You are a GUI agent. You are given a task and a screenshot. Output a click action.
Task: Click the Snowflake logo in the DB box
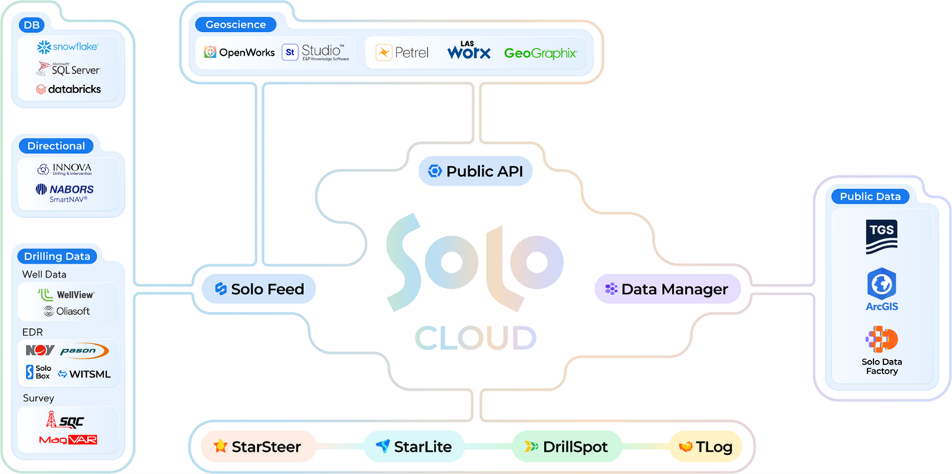(x=68, y=47)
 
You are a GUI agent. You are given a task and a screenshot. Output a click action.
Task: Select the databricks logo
(x=68, y=89)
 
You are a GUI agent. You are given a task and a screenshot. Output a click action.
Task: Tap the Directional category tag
(x=56, y=146)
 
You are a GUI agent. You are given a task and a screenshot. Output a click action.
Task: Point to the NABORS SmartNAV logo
(x=65, y=192)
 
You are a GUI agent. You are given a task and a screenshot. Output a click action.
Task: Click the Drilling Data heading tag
(x=57, y=256)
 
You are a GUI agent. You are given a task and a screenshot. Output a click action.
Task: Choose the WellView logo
(x=66, y=294)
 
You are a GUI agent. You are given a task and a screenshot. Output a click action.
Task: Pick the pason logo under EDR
(x=84, y=351)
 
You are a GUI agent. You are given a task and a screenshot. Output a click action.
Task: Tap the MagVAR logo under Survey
(x=68, y=439)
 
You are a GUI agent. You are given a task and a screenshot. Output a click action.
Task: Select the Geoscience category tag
(x=235, y=25)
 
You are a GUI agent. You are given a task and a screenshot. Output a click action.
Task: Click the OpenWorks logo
(x=239, y=53)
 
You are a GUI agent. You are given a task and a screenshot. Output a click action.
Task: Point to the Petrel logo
(x=402, y=53)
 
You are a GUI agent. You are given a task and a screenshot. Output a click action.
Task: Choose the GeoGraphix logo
(x=540, y=53)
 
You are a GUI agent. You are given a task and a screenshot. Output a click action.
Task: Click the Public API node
(x=475, y=171)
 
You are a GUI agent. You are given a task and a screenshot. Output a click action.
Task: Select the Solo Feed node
(x=259, y=289)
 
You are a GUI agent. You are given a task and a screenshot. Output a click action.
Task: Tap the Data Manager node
(x=667, y=289)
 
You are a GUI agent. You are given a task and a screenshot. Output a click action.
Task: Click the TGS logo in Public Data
(x=881, y=236)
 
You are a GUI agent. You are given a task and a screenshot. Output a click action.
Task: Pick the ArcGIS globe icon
(x=881, y=284)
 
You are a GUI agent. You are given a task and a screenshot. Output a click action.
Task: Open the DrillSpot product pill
(x=566, y=447)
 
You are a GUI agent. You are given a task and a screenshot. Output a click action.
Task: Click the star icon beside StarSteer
(x=221, y=446)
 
